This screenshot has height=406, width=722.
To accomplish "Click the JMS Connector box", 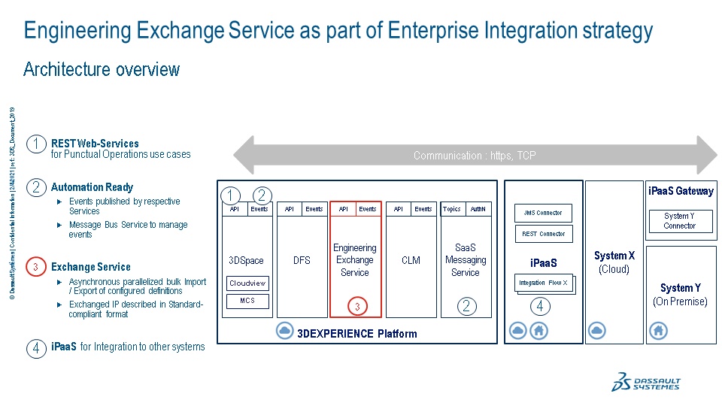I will coord(543,213).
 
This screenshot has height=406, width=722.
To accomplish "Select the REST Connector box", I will coord(543,234).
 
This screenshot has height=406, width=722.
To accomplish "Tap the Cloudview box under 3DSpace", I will coord(247,283).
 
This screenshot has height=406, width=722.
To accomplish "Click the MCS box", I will coord(247,301).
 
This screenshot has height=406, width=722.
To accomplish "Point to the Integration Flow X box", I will coord(543,283).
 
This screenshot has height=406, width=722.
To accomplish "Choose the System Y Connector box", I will coord(680,221).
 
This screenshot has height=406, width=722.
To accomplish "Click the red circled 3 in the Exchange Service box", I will coord(357,306).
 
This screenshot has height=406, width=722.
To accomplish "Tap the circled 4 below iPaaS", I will coord(540,306).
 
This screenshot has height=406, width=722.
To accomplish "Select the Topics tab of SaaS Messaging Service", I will coord(452,209).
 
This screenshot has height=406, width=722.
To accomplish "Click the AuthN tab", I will coord(478,209).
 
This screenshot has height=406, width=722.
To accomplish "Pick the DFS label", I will coord(302,260).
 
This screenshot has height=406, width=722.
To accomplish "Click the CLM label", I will coord(411,260).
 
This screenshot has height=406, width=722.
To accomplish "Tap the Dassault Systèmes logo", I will coord(646,381).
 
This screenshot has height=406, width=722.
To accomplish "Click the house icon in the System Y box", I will coord(658,330).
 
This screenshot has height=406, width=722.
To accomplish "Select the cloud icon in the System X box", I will coord(597,330).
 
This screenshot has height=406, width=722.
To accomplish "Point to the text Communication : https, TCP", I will coord(475,156).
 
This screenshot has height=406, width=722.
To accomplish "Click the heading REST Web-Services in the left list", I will coord(95,143).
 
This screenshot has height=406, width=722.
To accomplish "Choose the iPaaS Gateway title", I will coord(681,191).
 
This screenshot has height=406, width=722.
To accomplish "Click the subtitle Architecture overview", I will coord(102,70).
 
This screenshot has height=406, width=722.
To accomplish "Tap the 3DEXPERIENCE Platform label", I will coord(356,333).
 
